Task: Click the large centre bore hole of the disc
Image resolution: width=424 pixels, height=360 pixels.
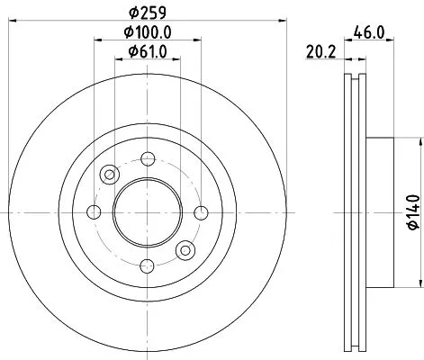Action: [145, 212]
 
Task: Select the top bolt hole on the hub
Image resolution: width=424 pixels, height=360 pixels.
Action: [145, 160]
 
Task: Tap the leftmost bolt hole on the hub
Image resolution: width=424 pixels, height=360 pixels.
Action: [93, 212]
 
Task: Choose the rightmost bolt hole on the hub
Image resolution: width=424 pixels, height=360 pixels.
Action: [197, 212]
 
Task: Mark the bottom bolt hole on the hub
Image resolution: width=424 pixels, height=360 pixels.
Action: [145, 265]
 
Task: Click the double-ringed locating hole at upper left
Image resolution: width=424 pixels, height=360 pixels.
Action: [110, 175]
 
